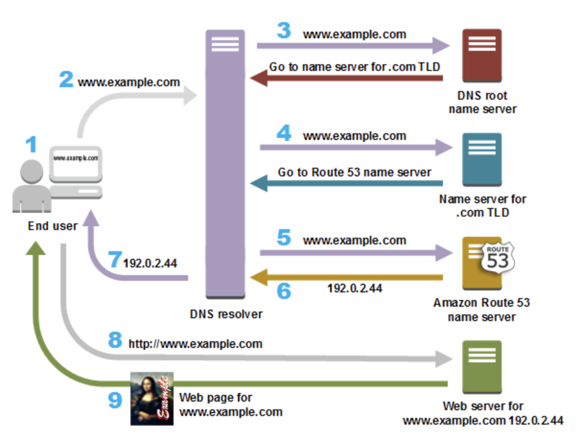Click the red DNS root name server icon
tap(482, 56)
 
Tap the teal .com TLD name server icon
tap(482, 160)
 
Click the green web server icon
tap(482, 367)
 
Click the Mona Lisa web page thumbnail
tap(152, 398)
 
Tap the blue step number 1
tap(31, 145)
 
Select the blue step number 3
tap(284, 32)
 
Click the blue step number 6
tap(284, 290)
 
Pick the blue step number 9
tap(115, 401)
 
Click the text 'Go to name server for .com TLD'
tap(354, 67)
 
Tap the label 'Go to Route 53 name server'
tap(354, 172)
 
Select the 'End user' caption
tap(52, 226)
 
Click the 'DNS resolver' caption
tap(226, 314)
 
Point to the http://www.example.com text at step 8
tap(196, 344)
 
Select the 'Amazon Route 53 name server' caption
tap(481, 310)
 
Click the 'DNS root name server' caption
tap(482, 102)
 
